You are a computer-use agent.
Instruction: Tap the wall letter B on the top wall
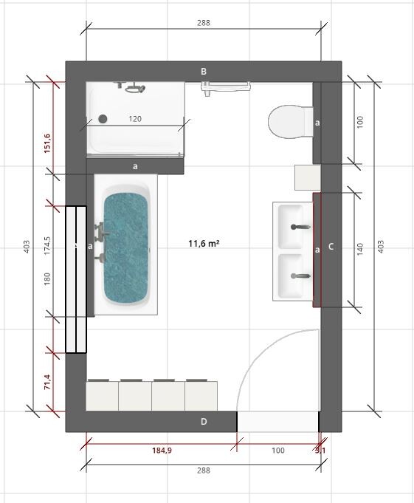tap(204, 71)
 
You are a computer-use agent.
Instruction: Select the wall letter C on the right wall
tap(331, 247)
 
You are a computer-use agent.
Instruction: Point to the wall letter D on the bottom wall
tap(204, 422)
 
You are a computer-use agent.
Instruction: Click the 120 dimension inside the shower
tap(136, 118)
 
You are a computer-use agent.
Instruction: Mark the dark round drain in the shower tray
tap(103, 118)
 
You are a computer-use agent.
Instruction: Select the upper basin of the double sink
tap(295, 226)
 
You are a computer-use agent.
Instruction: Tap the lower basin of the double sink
tap(295, 276)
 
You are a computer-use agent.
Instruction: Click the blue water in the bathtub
tap(125, 247)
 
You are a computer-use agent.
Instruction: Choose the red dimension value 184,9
tap(161, 449)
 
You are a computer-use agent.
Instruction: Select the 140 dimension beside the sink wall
tap(360, 249)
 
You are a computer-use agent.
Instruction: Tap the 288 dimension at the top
tap(204, 23)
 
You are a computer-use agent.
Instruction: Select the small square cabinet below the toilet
tap(306, 177)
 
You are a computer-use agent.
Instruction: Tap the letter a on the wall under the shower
tap(135, 166)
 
